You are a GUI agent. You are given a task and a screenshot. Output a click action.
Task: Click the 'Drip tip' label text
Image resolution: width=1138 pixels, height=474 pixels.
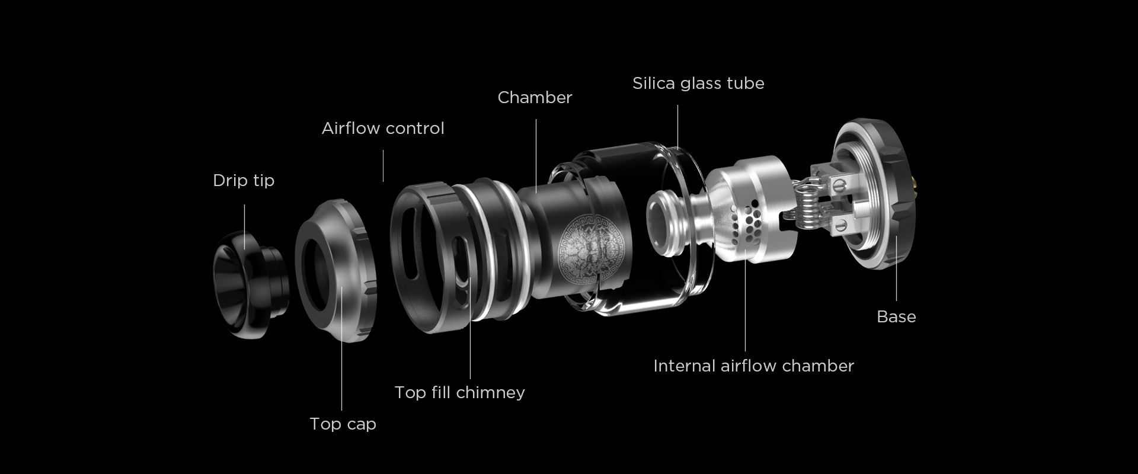tap(244, 181)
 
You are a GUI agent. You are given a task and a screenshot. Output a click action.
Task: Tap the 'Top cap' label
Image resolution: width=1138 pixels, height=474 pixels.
tap(343, 424)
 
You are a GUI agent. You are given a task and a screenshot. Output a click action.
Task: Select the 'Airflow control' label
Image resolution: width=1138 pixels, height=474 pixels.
tap(383, 128)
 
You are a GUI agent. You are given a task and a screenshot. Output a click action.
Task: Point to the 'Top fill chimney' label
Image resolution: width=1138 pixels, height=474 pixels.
tap(460, 392)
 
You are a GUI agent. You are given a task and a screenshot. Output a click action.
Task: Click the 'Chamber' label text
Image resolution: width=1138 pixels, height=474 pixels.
tap(535, 97)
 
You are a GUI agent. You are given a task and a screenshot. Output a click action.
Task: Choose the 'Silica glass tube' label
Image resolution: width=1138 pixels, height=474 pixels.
tap(698, 83)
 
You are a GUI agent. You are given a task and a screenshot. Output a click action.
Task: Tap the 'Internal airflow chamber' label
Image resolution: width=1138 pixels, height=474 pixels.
tap(753, 366)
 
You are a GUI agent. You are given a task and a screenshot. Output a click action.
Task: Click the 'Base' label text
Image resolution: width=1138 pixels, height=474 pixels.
tap(896, 317)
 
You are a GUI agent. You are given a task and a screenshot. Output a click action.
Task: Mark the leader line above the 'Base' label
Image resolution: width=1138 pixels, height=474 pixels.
tap(896, 268)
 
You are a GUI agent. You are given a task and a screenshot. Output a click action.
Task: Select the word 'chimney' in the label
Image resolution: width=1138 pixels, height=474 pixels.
tap(491, 393)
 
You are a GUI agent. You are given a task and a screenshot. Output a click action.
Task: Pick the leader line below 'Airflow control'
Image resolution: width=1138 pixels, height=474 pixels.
tap(383, 166)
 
